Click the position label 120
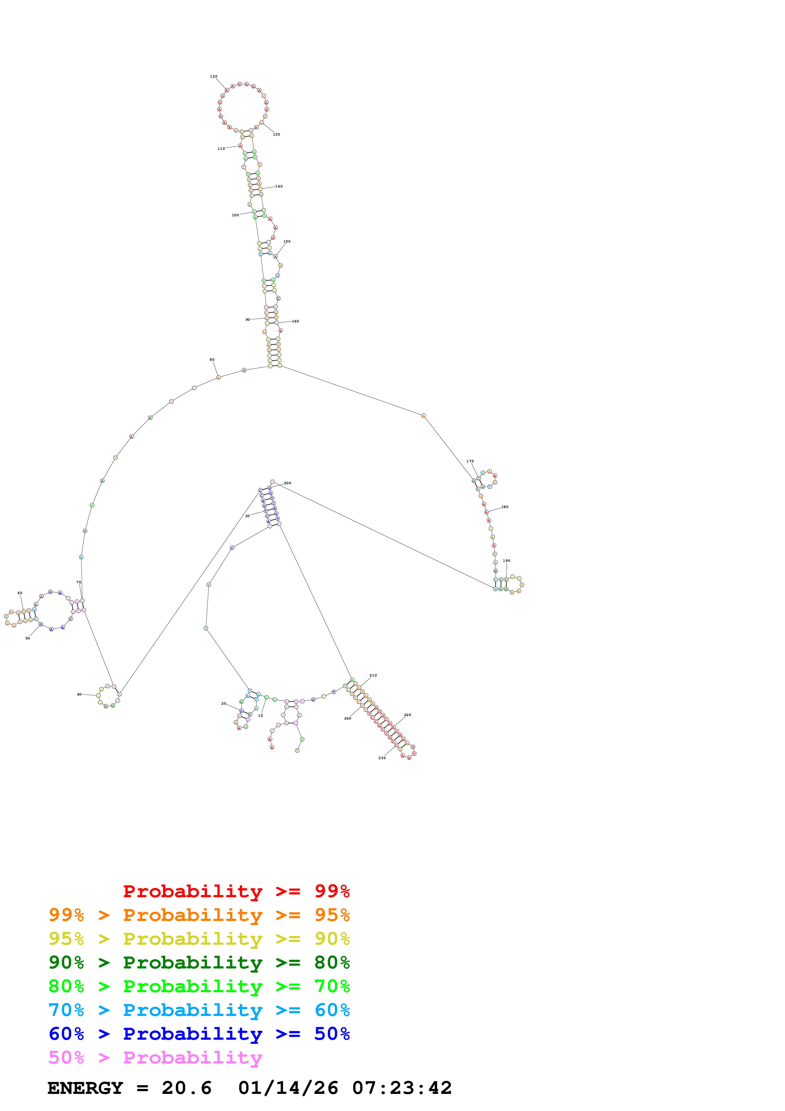click(x=213, y=76)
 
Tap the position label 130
click(x=276, y=135)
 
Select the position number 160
click(x=295, y=321)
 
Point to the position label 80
click(x=212, y=359)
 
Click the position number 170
click(x=470, y=461)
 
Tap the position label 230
click(x=382, y=758)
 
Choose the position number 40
click(x=79, y=694)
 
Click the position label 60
click(x=20, y=593)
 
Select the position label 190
click(x=506, y=561)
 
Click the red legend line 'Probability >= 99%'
click(x=236, y=891)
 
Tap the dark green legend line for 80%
click(x=199, y=962)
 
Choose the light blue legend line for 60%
click(x=199, y=1010)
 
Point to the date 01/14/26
click(x=288, y=1088)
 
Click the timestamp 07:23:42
click(x=402, y=1088)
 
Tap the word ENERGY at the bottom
click(x=85, y=1088)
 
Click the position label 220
click(x=407, y=715)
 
